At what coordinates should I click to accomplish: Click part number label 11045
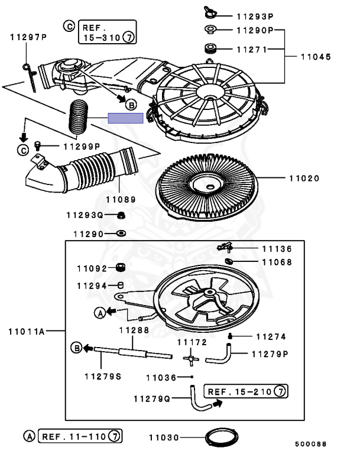coord(316,58)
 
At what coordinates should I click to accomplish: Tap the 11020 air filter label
coord(304,178)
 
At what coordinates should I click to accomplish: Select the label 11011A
coord(26,332)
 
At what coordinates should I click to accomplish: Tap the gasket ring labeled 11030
coord(219,438)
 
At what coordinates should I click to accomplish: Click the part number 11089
coord(121,200)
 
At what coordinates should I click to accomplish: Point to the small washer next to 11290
coord(121,234)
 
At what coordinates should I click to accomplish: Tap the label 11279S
coord(102,375)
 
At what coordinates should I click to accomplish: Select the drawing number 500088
coord(310,443)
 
